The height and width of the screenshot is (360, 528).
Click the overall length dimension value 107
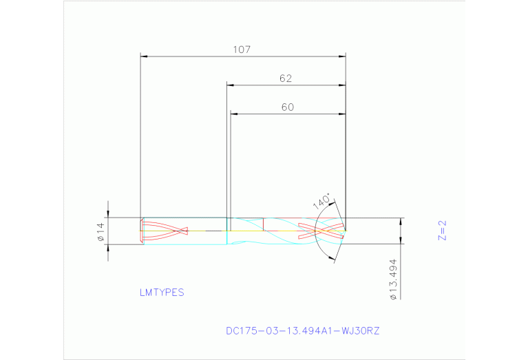click(x=242, y=50)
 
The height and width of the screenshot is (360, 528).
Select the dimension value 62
click(x=286, y=78)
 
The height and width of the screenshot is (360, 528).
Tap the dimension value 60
click(x=287, y=107)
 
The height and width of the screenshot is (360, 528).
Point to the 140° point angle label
click(x=322, y=202)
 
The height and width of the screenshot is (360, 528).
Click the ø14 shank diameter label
click(x=100, y=231)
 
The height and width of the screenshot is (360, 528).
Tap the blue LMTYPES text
click(x=162, y=293)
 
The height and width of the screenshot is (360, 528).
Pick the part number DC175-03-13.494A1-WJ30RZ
click(x=302, y=330)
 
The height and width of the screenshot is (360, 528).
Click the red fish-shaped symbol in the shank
click(x=165, y=231)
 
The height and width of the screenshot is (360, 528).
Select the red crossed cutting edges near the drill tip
click(x=320, y=231)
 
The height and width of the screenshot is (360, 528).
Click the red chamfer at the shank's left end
click(x=142, y=231)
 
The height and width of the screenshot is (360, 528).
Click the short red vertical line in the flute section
click(x=264, y=224)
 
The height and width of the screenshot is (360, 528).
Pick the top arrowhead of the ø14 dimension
click(x=107, y=214)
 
